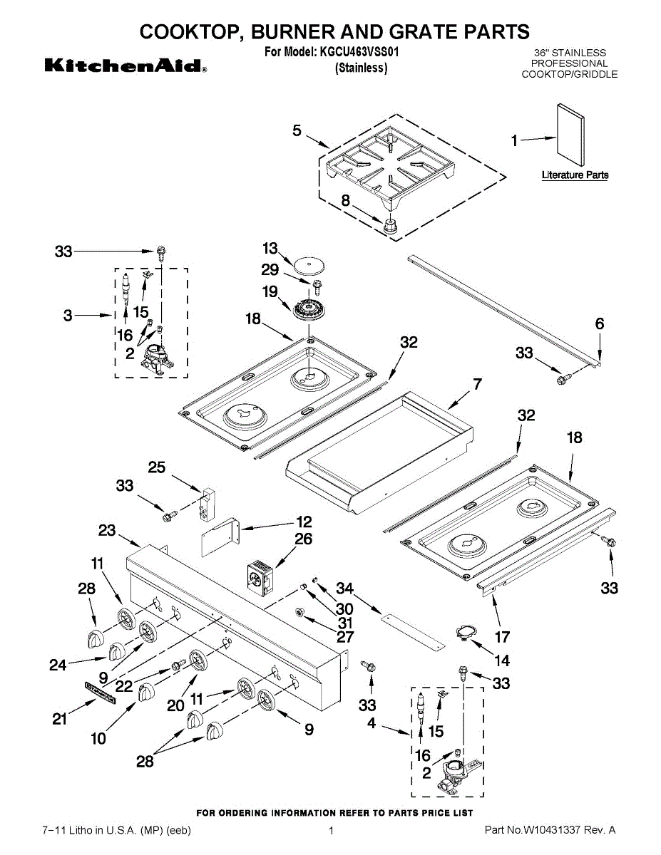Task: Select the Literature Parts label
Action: (x=575, y=175)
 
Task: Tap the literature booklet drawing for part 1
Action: (x=570, y=136)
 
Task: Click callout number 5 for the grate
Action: (x=297, y=130)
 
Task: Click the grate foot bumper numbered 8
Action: (x=390, y=227)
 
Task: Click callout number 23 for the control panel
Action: (x=107, y=531)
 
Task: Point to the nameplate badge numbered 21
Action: (x=100, y=691)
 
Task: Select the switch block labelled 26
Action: (x=258, y=577)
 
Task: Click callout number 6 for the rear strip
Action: (x=600, y=324)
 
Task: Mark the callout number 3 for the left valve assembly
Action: (x=68, y=315)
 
